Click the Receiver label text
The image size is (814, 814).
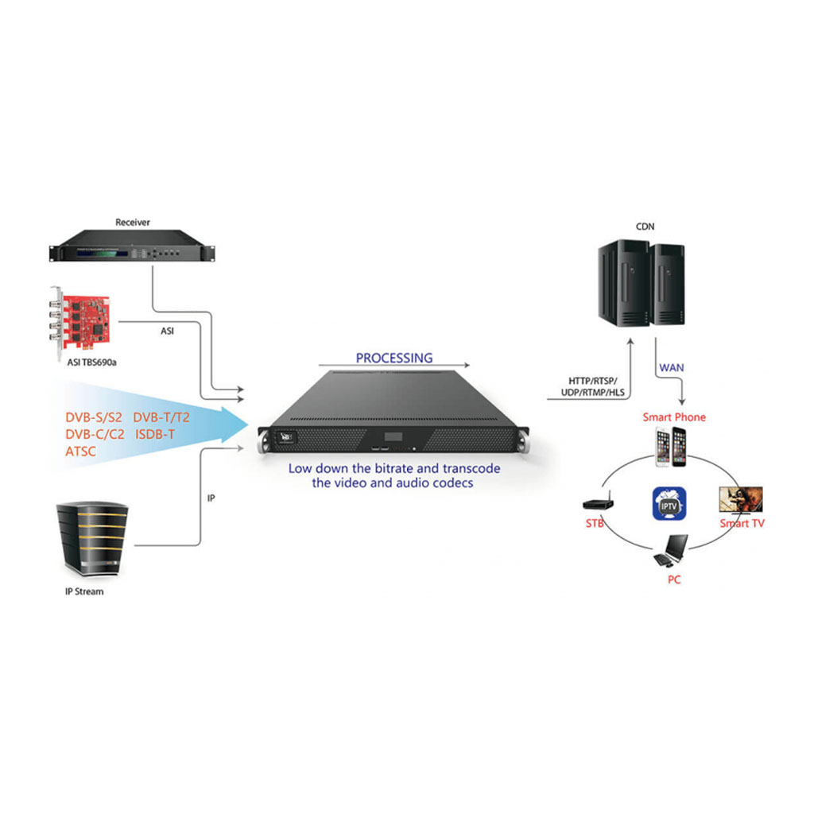point(132,223)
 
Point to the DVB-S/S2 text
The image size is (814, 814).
point(94,417)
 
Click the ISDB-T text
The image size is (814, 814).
point(156,434)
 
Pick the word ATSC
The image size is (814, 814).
point(80,451)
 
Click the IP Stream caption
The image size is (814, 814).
point(84,591)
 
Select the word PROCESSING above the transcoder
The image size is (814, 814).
point(394,358)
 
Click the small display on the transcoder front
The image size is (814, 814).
point(394,438)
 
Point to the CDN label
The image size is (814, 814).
point(645,227)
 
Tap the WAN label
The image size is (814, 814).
point(671,368)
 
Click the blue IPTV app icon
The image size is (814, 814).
point(669,504)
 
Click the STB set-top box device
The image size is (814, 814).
point(595,504)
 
